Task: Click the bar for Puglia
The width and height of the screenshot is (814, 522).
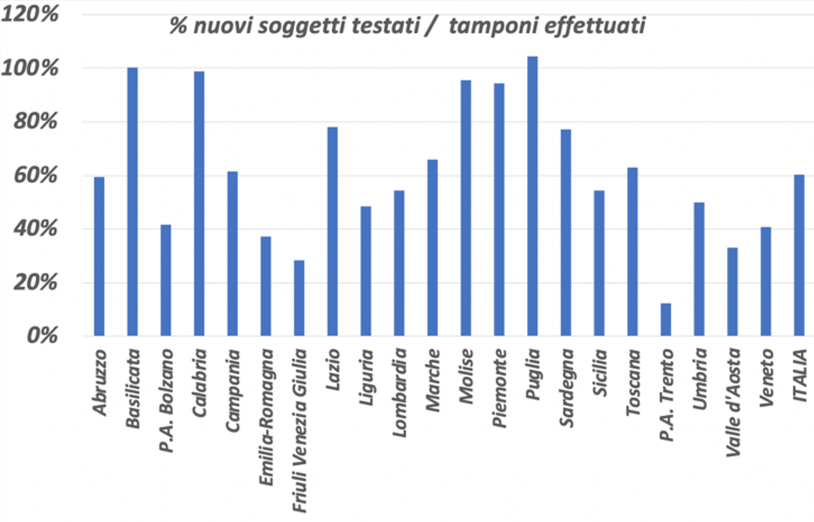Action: pos(533,196)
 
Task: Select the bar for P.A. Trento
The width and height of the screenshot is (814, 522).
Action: pos(665,319)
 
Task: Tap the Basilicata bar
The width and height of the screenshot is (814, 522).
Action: pos(132,201)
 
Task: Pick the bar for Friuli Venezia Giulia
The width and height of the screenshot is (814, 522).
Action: pos(299,298)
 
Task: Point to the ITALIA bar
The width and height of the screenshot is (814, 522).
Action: pos(799,255)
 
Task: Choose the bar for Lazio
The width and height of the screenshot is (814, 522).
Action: pos(332,231)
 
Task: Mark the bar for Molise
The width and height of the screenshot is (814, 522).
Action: pos(466,208)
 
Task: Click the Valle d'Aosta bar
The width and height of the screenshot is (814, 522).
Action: pos(732,291)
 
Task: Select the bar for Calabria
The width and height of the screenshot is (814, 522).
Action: pos(199,203)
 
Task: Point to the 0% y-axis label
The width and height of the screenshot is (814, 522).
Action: pos(42,335)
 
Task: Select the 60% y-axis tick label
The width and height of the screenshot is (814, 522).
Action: pos(35,175)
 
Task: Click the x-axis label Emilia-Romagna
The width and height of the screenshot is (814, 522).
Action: pos(267,417)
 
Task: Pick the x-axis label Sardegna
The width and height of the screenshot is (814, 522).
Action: pos(567,387)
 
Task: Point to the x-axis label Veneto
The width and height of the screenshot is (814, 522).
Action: pos(767,377)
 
